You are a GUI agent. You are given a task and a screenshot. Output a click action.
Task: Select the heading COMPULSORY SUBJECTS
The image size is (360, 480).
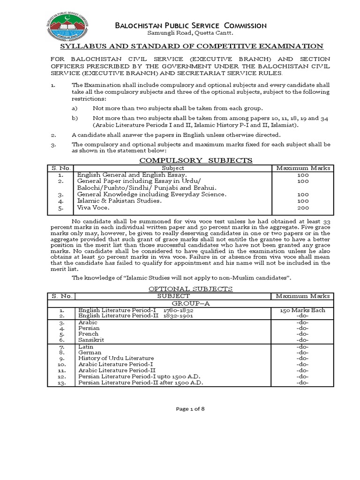(196, 160)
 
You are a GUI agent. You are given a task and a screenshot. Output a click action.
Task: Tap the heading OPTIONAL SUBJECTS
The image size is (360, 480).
(190, 289)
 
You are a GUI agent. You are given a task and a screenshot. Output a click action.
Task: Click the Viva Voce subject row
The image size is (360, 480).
(94, 208)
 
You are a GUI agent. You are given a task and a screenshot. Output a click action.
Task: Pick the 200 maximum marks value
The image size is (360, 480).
(303, 208)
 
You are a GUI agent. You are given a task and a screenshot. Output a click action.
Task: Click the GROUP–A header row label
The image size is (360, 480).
(190, 303)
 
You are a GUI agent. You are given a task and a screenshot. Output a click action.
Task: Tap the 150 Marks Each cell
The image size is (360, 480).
(303, 310)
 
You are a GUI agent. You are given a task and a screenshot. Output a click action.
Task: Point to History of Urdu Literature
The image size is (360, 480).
(116, 358)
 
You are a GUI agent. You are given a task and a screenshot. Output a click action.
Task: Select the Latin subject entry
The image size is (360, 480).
(86, 346)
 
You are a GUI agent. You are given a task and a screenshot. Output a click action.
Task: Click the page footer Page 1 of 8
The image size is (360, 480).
(190, 409)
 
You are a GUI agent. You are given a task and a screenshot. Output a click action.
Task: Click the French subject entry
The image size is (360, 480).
(88, 334)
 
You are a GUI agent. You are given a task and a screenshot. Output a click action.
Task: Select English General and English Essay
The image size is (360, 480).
(128, 174)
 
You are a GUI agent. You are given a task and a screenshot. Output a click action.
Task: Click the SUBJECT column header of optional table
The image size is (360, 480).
(173, 296)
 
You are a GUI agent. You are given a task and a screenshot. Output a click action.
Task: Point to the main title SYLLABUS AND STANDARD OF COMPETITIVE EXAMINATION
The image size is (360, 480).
(191, 46)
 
